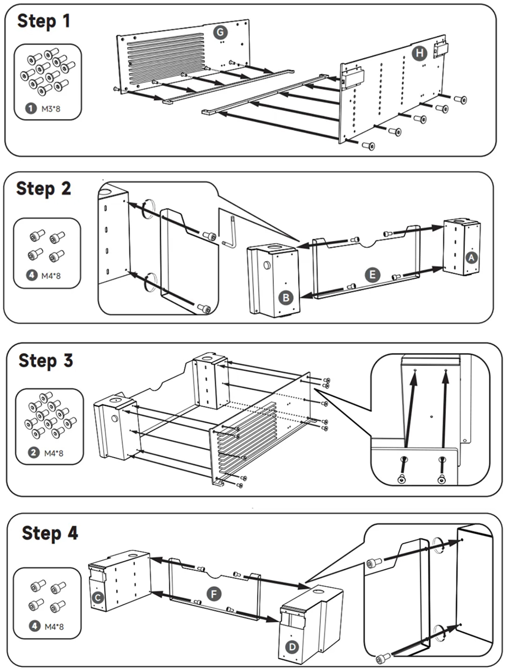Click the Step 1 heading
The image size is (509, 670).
pos(43,21)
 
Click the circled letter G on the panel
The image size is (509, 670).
pos(220,33)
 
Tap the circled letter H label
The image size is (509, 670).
pos(419,53)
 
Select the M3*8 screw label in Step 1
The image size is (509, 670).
pos(51,108)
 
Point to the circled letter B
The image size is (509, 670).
pos(286,298)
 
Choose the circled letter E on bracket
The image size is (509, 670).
pos(373,275)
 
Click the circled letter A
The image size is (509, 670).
pos(471,257)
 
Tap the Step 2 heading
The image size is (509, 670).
pos(43,189)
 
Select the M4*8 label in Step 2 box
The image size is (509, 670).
pos(51,276)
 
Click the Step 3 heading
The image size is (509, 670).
pos(45,361)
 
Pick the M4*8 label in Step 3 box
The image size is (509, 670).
pos(53,453)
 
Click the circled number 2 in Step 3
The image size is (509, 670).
pos(34,452)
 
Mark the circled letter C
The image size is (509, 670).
pos(98,597)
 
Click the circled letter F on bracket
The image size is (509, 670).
pos(214,594)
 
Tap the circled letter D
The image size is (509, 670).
pos(292,647)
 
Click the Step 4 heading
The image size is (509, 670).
pos(49,533)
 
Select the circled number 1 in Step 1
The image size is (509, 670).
pos(31,108)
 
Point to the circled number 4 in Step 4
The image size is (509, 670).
pos(34,626)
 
